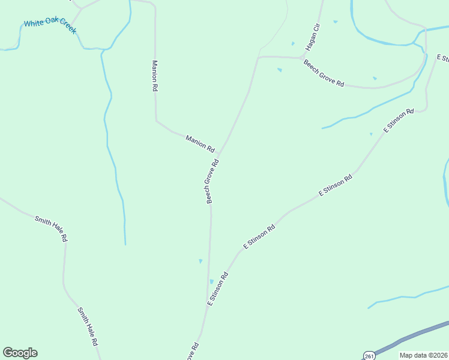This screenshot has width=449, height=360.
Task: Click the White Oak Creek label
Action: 50,26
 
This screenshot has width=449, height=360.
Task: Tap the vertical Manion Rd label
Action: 154,76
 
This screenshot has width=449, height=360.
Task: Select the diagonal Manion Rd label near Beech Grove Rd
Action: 200,143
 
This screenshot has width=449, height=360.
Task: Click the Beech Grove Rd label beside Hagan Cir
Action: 324,73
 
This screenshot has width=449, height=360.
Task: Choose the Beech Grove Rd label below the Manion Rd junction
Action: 211,181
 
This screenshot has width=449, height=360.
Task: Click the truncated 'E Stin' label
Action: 443,58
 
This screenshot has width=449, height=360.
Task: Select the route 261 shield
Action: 369,355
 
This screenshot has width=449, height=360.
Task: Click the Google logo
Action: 20,353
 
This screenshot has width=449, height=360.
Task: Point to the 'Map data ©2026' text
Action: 423,355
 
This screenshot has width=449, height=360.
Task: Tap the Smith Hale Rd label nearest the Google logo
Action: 87,327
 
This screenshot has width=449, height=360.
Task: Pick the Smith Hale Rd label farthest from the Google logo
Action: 51,229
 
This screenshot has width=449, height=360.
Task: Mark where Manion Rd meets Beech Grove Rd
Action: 220,154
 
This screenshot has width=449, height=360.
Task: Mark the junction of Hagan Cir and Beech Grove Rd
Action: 301,58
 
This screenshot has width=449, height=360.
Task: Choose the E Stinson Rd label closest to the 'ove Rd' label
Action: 218,289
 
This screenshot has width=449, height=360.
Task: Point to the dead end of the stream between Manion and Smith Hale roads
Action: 125,244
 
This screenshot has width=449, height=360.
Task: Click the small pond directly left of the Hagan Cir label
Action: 293,43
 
